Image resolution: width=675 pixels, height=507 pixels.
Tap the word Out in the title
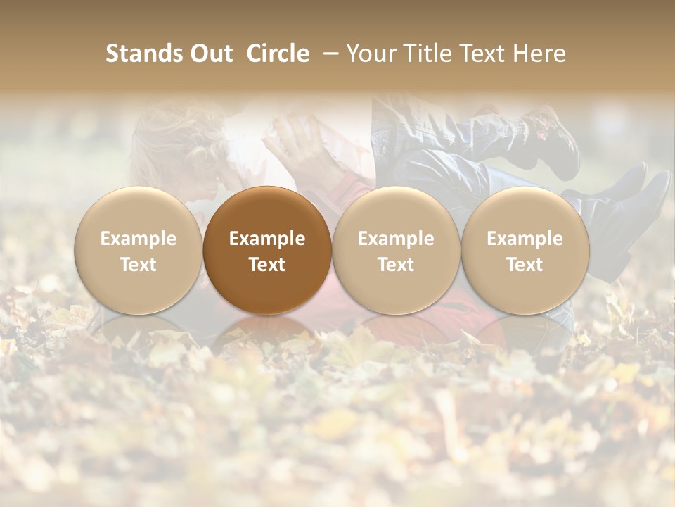coord(209,54)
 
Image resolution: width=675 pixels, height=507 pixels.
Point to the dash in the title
coord(328,54)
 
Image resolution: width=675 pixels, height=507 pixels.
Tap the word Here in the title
coord(540,54)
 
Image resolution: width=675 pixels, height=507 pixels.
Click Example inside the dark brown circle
coord(267,239)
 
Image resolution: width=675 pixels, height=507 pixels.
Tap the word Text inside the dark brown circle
coord(267,265)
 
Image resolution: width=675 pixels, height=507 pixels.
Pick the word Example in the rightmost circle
coord(525,239)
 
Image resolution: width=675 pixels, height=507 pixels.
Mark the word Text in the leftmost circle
coord(138,265)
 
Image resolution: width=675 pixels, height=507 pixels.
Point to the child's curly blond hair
coord(176,134)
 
